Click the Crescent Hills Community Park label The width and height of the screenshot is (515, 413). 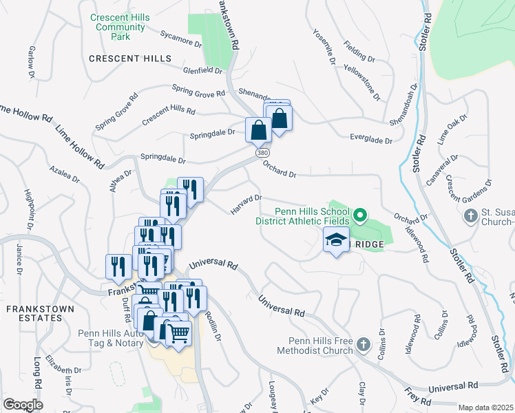[120, 27]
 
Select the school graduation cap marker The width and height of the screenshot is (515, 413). [336, 240]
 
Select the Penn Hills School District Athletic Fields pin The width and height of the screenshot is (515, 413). [359, 216]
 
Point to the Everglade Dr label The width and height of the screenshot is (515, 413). [370, 140]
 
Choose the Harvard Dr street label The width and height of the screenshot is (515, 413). [246, 204]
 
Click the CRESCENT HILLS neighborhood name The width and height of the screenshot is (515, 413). [130, 59]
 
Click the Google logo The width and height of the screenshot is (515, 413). [23, 405]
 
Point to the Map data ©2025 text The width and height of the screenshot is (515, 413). [485, 407]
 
